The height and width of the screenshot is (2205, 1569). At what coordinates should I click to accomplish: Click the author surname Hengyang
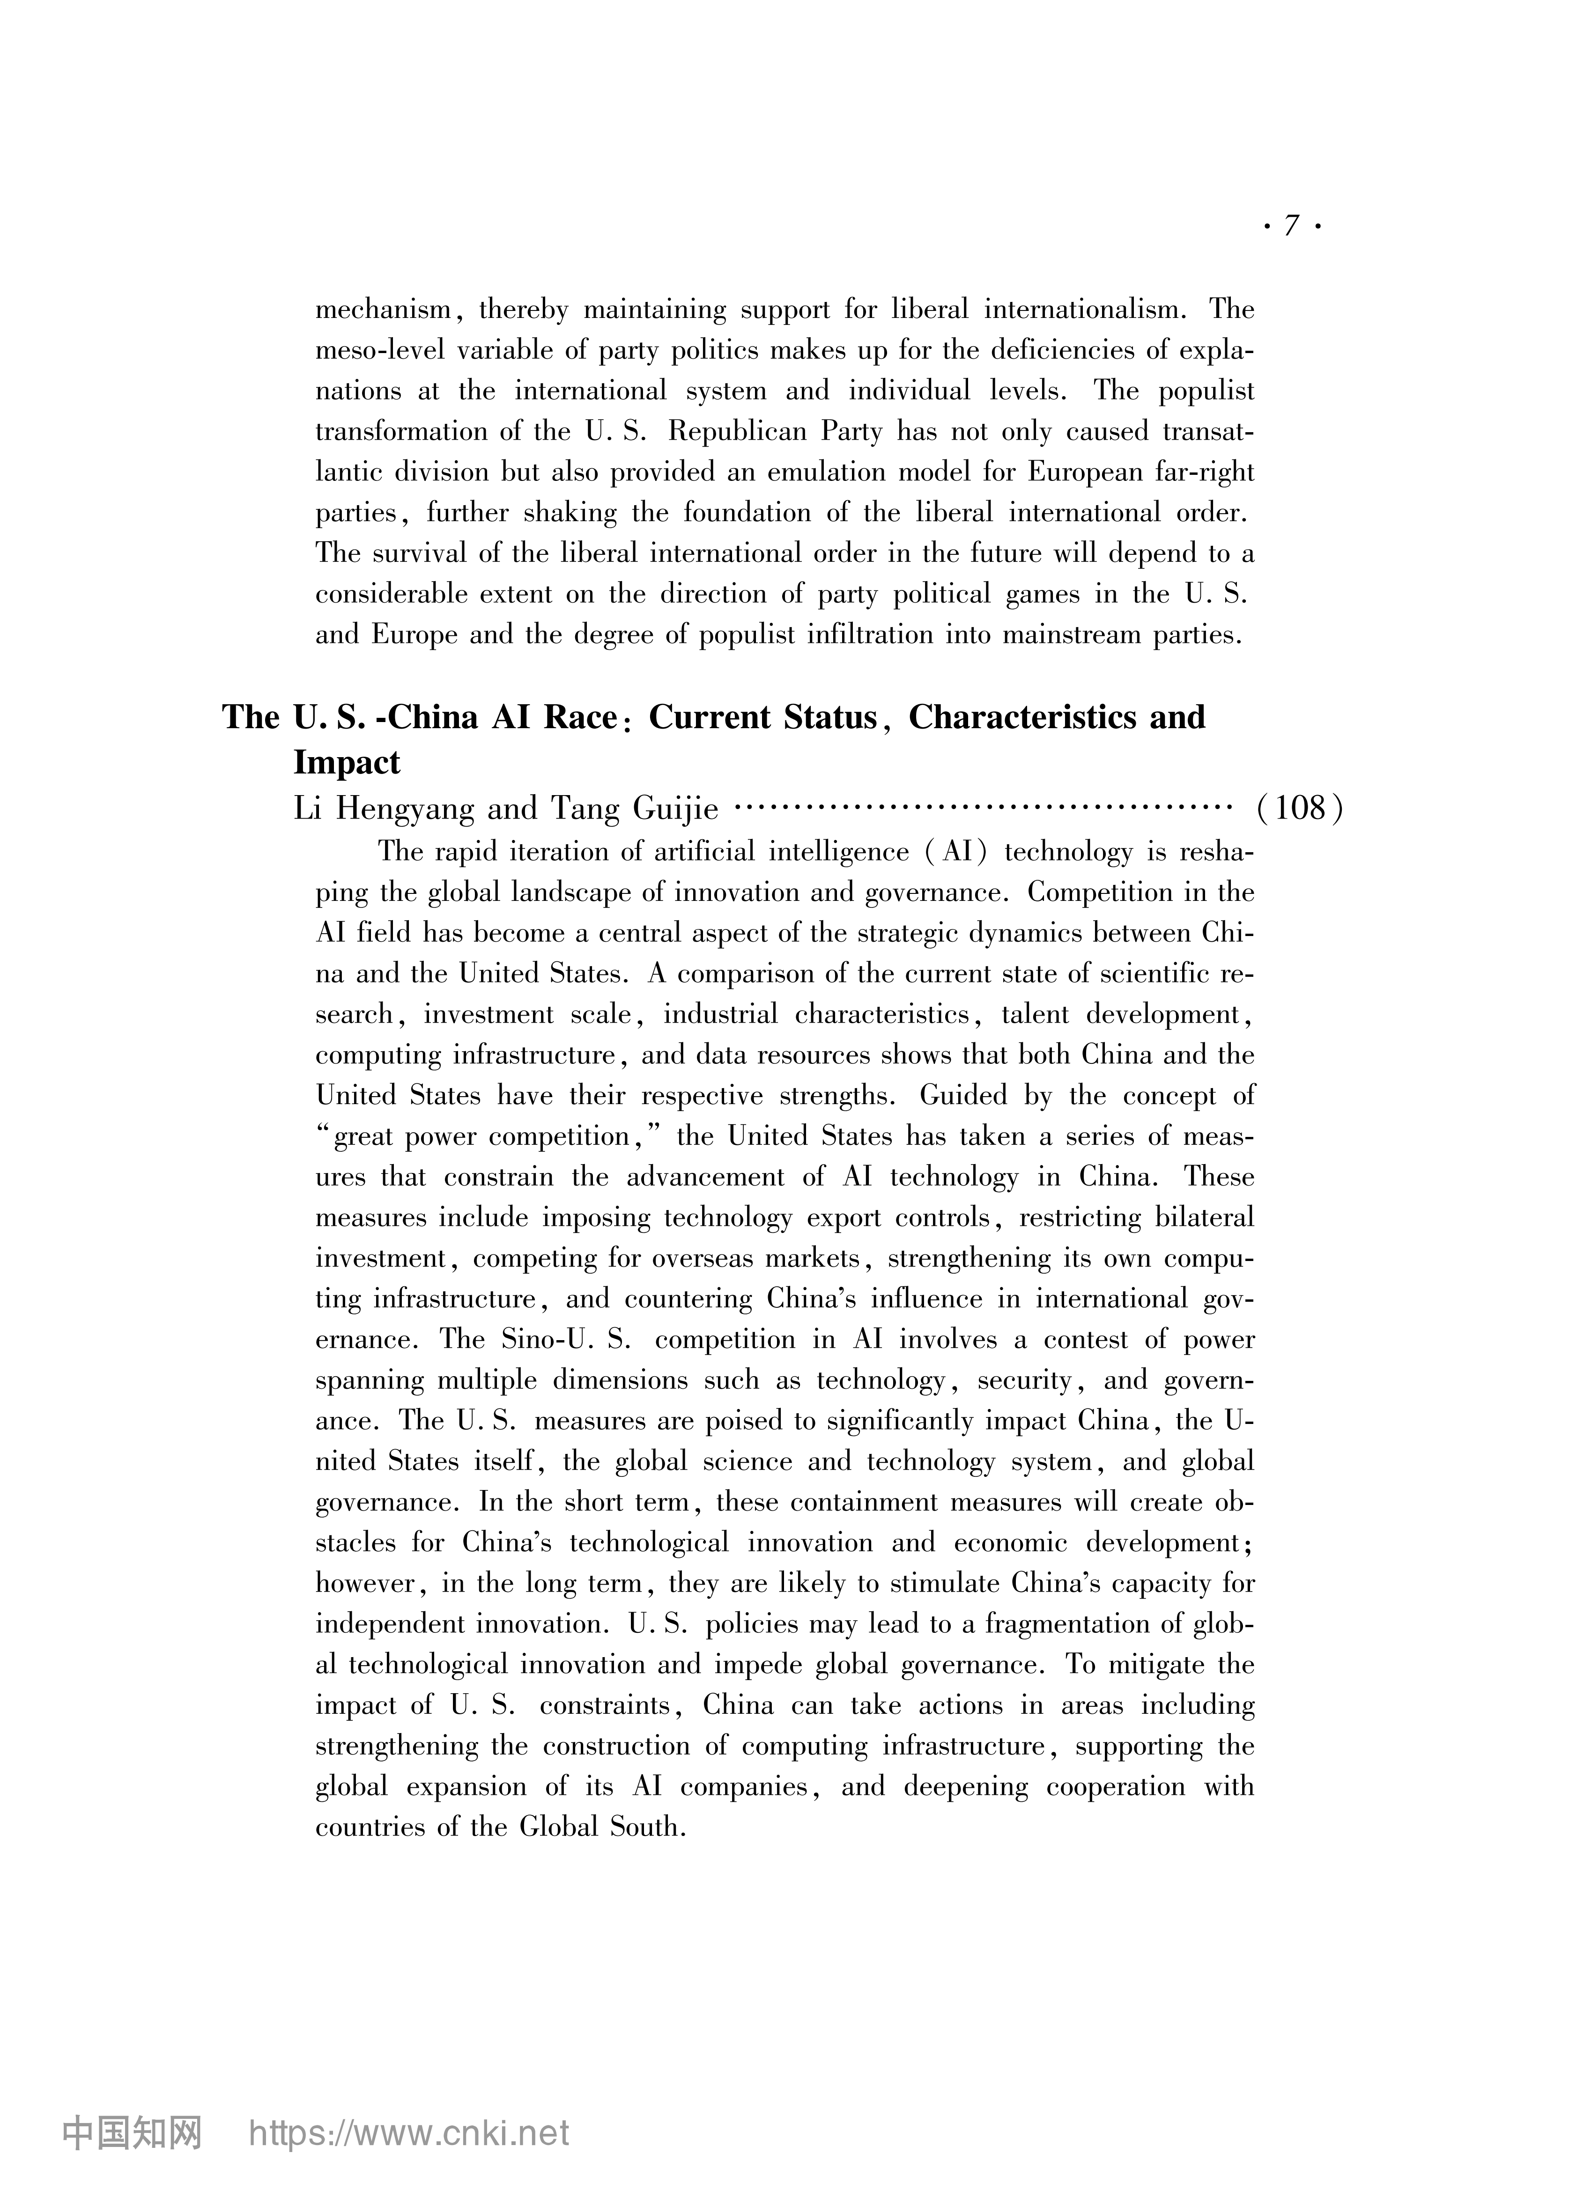[402, 808]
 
